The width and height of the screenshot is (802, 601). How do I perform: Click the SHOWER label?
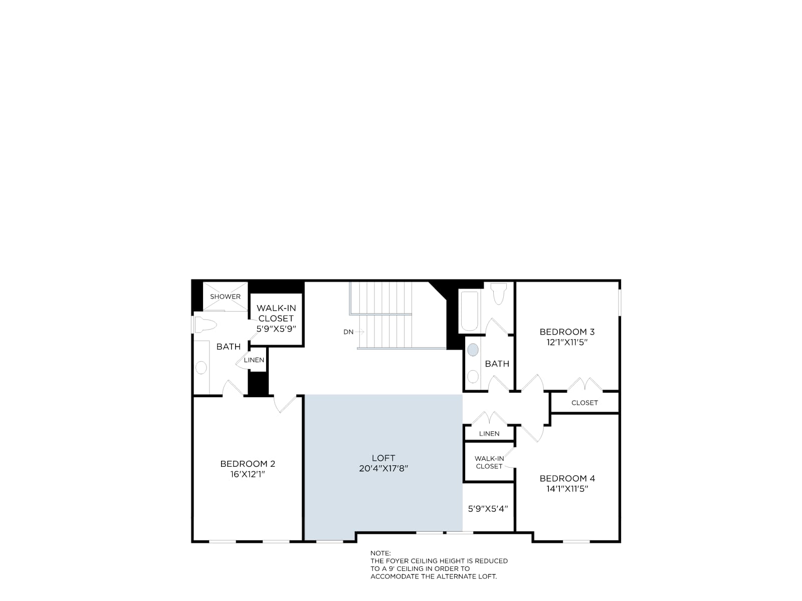coord(225,296)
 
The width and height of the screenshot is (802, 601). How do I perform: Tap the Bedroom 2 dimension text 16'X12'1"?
coord(247,474)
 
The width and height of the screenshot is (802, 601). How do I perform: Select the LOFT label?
coord(383,458)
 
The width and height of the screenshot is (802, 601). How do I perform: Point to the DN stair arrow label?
coord(348,332)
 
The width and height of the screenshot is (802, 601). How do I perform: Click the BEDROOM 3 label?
coord(567,332)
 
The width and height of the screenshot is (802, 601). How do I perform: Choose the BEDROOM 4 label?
coord(567,478)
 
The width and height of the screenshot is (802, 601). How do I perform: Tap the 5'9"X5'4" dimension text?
coord(488,509)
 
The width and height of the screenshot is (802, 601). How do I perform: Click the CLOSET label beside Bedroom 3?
coord(584,403)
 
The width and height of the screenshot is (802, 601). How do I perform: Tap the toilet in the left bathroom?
coord(206,325)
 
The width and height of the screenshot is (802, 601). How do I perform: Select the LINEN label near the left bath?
coord(254,360)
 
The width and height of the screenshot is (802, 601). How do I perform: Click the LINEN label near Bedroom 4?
coord(489,434)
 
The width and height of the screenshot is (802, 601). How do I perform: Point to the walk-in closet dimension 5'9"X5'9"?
coord(276,329)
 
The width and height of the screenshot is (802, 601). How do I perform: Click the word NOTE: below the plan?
coord(380,553)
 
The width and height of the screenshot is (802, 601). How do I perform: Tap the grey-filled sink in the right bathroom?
coord(473,350)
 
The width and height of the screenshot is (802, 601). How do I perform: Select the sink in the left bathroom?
coord(202,368)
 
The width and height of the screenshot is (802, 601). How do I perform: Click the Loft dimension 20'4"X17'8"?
coord(383,469)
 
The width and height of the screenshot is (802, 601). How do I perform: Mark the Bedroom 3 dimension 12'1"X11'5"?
coord(567,343)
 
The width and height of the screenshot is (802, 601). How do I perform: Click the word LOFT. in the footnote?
coord(487,577)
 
